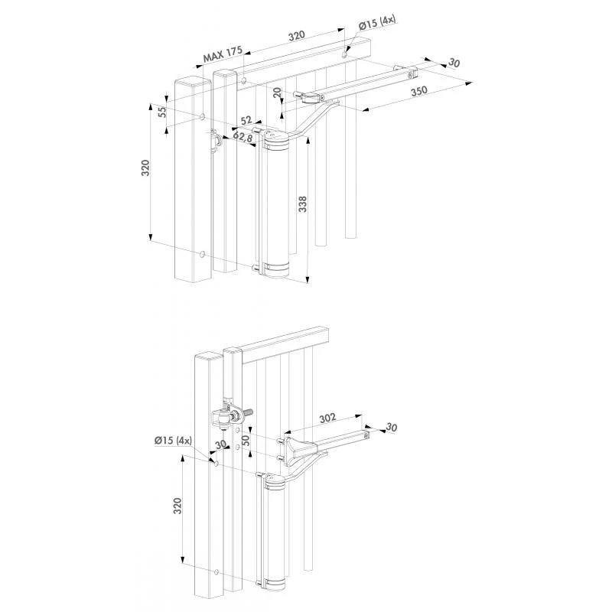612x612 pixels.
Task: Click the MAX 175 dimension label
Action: click(222, 55)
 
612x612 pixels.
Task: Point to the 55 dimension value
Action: click(161, 111)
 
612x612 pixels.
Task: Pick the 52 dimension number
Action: click(247, 120)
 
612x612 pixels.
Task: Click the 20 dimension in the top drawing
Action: click(276, 93)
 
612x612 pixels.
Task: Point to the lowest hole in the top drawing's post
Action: click(201, 253)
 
